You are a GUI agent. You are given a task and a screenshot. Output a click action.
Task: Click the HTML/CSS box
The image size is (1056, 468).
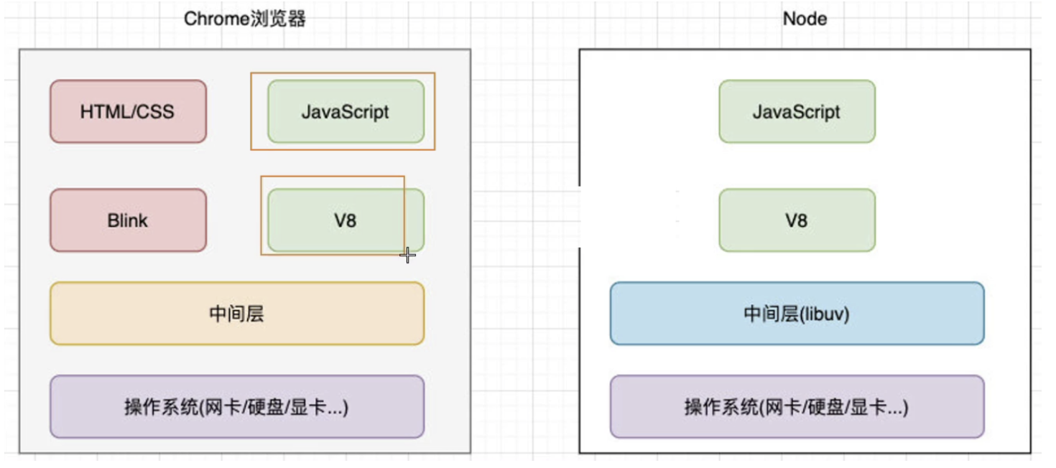pos(128,112)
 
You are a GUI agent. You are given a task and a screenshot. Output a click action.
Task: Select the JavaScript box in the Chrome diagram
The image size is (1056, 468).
pos(346,112)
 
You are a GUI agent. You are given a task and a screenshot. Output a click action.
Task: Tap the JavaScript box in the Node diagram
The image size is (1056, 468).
pos(797,112)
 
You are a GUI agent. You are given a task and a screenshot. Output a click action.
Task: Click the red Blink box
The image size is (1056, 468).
pos(128,220)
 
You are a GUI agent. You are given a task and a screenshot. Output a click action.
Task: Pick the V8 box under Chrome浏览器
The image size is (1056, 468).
pos(346,220)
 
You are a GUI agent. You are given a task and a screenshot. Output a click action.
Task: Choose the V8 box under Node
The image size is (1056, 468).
pos(797,220)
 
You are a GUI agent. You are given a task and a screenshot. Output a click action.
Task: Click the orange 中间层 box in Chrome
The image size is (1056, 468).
pos(236,314)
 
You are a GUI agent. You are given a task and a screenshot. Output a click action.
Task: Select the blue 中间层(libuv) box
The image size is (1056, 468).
pos(797,314)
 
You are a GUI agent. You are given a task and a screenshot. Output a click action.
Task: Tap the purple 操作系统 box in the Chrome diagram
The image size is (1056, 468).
pos(236,407)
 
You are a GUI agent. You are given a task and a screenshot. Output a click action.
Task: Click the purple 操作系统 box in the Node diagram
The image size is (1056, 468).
pos(797,407)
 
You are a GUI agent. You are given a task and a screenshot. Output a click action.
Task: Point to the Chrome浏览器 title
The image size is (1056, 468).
pos(245,19)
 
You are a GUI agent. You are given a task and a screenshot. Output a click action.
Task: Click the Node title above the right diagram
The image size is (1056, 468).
pos(805,19)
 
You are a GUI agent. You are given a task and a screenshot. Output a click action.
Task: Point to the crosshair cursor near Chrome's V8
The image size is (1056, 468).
pos(407,256)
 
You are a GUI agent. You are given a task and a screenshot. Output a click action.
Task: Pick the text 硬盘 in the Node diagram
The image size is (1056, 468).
pos(828,408)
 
